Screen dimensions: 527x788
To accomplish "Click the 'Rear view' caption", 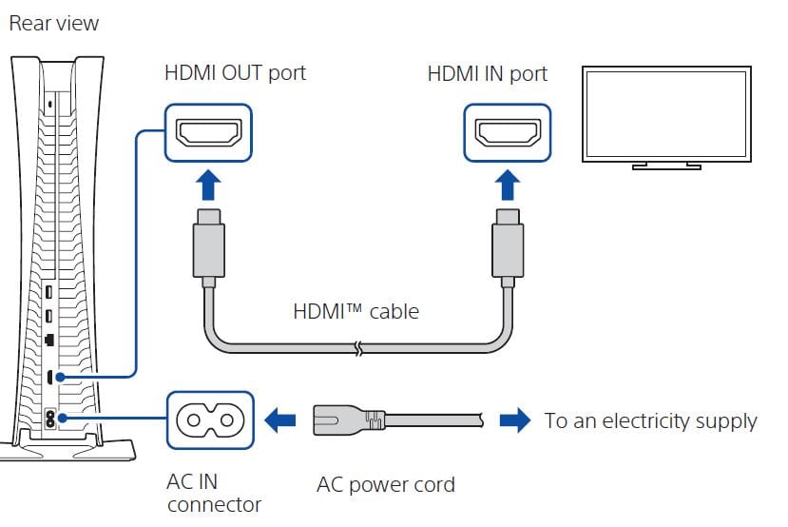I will tap(53, 23).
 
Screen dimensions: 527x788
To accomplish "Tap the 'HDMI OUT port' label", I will tap(236, 73).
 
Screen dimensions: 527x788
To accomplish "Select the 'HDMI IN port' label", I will tap(488, 73).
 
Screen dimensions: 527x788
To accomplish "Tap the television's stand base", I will tap(666, 166).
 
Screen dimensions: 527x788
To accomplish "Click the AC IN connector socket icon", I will tap(210, 420).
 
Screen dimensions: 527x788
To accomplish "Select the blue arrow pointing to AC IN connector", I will tap(280, 420).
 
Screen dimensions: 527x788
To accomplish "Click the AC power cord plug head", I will tap(348, 420).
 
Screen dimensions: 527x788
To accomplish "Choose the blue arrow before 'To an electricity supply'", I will tap(515, 420).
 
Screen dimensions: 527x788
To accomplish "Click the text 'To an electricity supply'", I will tap(650, 420).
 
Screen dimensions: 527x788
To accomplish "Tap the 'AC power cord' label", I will tap(385, 484).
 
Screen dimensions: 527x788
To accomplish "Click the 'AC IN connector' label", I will tap(214, 492).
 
